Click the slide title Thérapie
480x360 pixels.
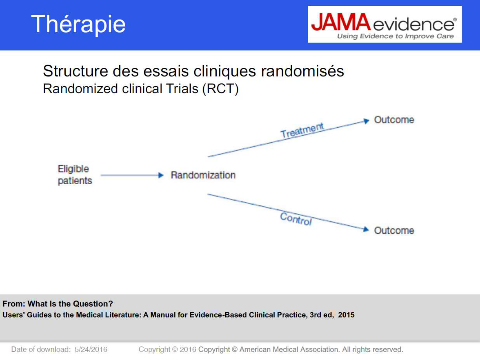click(x=78, y=24)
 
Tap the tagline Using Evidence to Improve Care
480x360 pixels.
click(x=395, y=36)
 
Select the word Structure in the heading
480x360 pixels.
click(x=76, y=71)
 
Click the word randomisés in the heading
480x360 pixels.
click(x=302, y=71)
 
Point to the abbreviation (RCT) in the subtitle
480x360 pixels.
click(x=220, y=89)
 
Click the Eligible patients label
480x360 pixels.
click(x=74, y=175)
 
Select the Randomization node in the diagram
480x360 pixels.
click(x=203, y=175)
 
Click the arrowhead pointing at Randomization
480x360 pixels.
click(x=161, y=175)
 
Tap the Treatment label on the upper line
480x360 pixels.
click(x=302, y=130)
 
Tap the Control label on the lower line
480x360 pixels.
click(x=296, y=219)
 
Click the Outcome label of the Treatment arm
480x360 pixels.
click(x=394, y=120)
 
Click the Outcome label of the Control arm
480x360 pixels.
click(x=394, y=230)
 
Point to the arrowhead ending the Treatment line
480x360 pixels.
click(x=366, y=121)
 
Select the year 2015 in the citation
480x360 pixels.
click(x=346, y=315)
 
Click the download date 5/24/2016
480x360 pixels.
click(x=91, y=349)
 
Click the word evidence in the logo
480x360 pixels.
click(x=414, y=25)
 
